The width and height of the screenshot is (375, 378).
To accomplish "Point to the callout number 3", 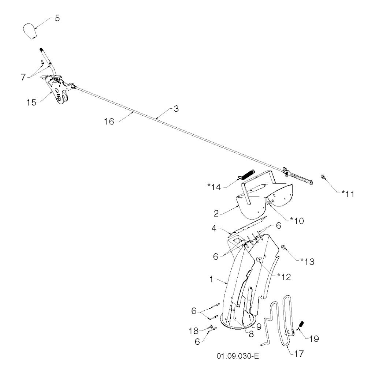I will click(x=176, y=109).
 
